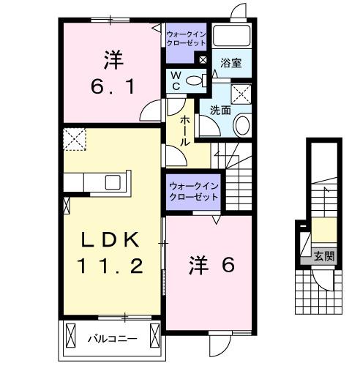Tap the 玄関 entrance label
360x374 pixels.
[x=324, y=256]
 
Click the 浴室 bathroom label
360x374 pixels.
[x=231, y=64]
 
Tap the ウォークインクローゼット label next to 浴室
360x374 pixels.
[x=187, y=38]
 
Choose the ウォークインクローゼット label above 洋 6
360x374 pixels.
[x=194, y=192]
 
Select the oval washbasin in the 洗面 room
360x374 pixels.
[x=241, y=126]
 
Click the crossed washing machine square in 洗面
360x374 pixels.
[x=241, y=93]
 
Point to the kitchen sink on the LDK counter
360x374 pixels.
[x=114, y=181]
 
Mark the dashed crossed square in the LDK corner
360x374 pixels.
[x=74, y=139]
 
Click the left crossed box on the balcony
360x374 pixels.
[x=71, y=337]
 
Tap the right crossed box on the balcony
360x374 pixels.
[x=154, y=337]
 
